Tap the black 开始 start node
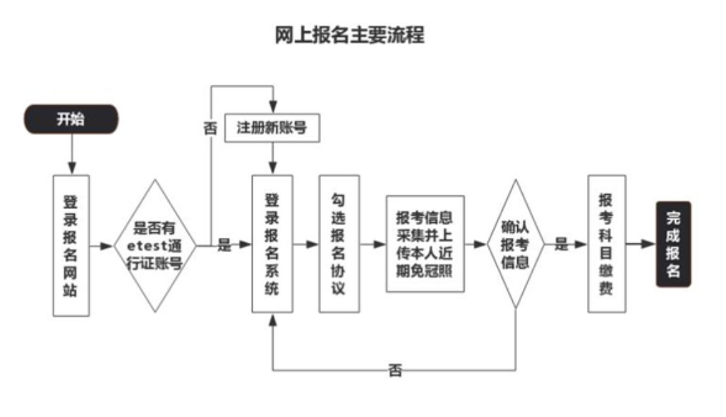click(x=71, y=119)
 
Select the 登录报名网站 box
click(x=71, y=245)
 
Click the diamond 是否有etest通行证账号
click(x=155, y=246)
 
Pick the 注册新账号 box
click(x=272, y=128)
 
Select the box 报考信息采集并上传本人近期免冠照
click(x=424, y=244)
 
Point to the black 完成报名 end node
click(x=673, y=244)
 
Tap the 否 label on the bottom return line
click(x=395, y=370)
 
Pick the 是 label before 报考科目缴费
click(x=561, y=245)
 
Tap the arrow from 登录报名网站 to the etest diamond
click(x=102, y=246)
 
